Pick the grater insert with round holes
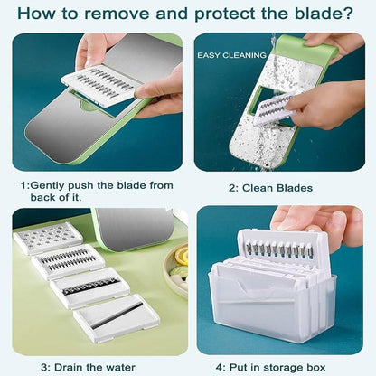pos(47,239)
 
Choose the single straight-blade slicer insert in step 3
pos(117,317)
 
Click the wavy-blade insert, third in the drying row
pos(90,288)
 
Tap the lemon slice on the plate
pos(180,257)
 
